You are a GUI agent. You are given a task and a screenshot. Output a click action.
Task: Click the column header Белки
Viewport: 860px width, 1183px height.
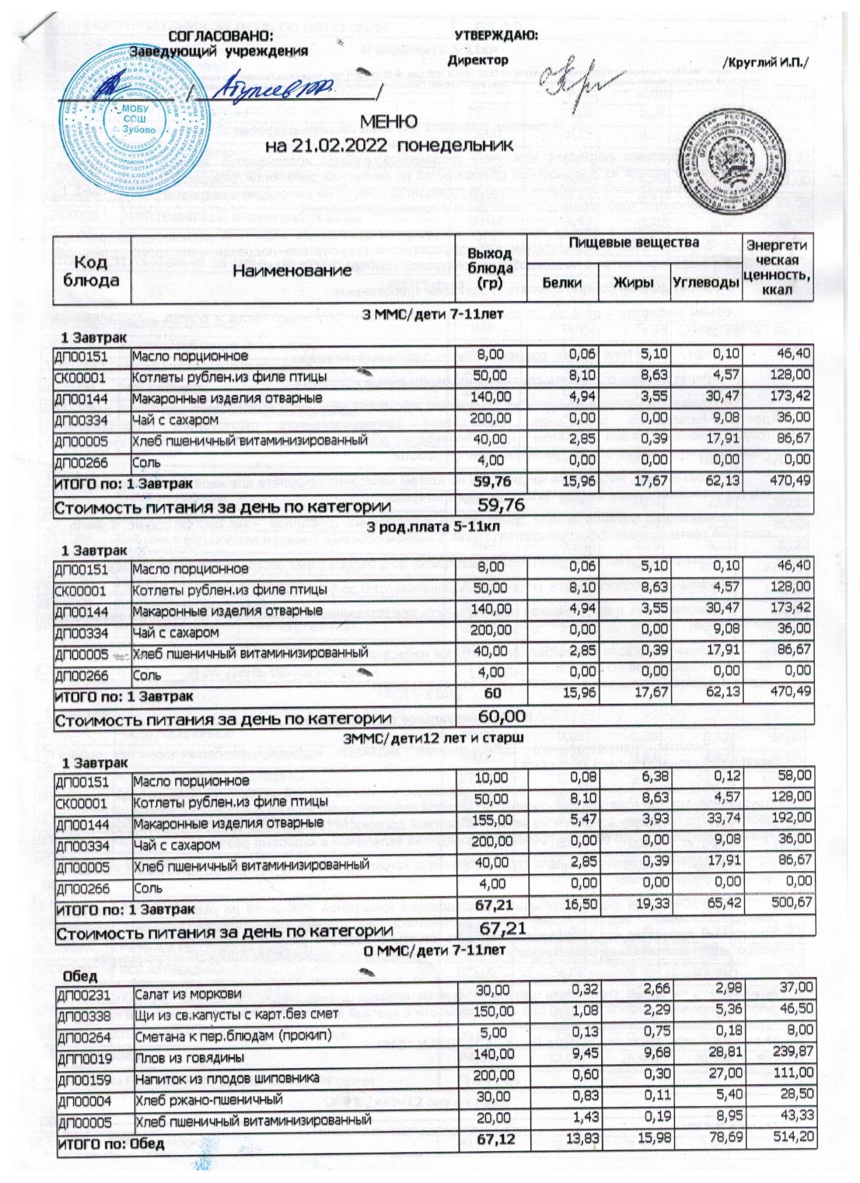pos(562,283)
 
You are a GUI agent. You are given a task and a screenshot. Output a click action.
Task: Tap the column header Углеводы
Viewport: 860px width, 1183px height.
pos(707,283)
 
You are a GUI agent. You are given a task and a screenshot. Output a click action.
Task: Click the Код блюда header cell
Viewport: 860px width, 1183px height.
pos(91,271)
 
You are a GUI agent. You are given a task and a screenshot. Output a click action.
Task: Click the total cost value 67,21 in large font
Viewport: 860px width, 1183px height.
pos(502,928)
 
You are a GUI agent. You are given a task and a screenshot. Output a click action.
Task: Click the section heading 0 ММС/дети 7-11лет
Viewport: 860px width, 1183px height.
pos(434,951)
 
